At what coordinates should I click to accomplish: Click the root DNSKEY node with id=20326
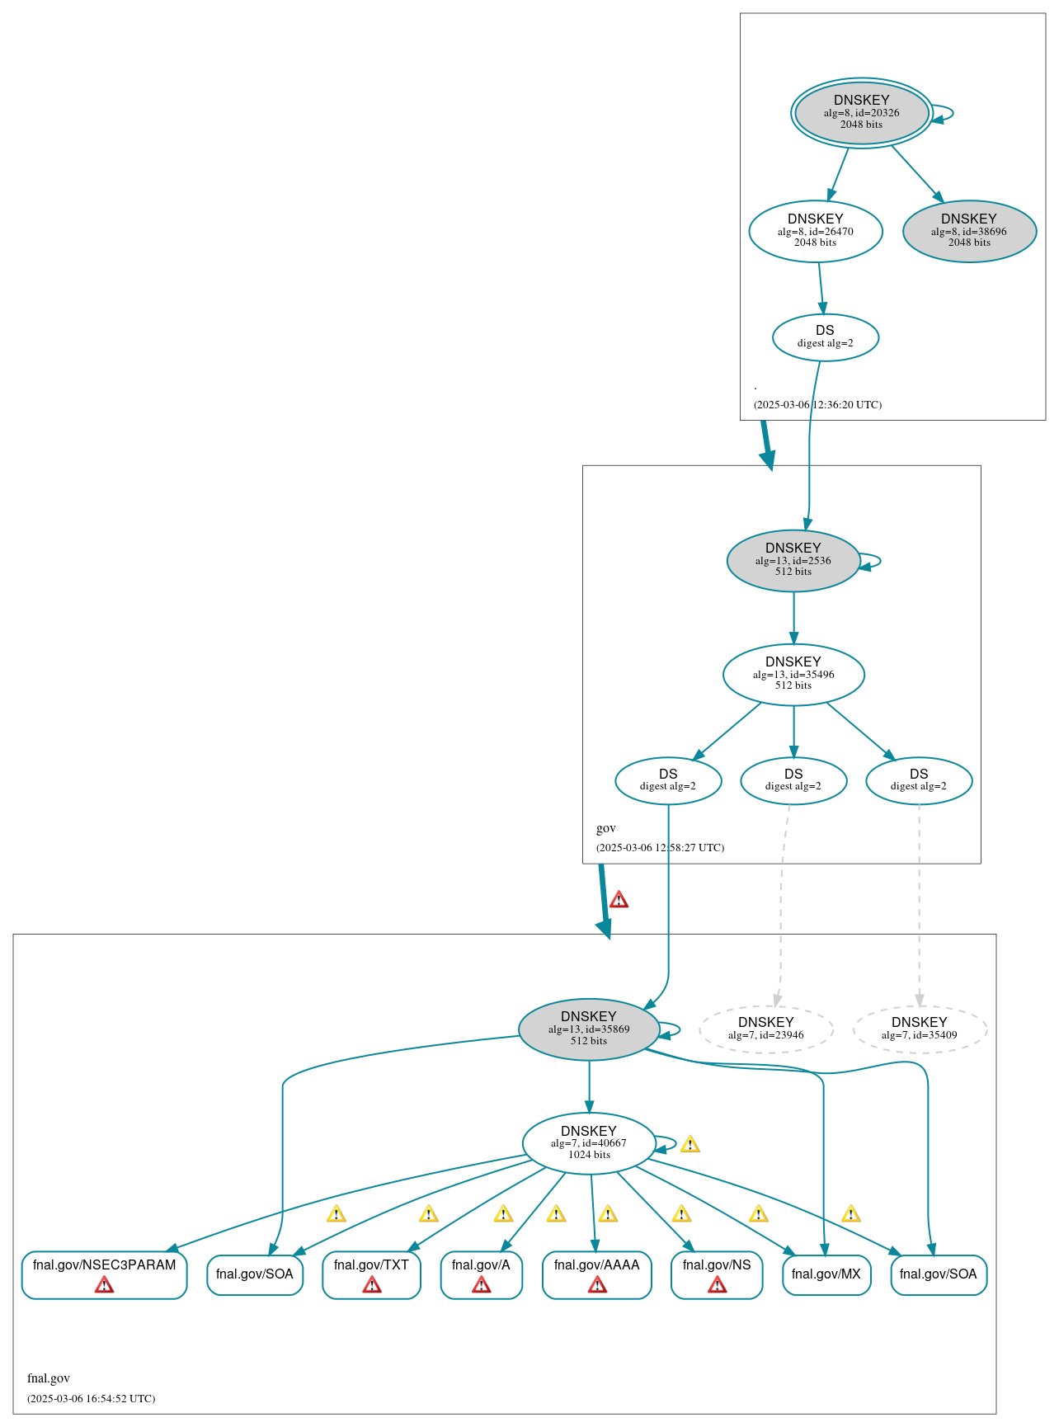pos(861,112)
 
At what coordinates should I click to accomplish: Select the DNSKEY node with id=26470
pos(815,231)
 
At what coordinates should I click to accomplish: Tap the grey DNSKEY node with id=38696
pos(969,231)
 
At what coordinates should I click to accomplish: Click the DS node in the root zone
pos(825,337)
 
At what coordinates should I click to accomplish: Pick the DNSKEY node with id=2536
pos(793,560)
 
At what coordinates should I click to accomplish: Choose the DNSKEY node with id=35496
pos(793,674)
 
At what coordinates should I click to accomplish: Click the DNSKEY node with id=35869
pos(588,1029)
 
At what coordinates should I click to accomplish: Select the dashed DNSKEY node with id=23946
pos(765,1029)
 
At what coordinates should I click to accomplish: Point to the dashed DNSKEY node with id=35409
pos(919,1029)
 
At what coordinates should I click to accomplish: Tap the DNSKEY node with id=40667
pos(588,1142)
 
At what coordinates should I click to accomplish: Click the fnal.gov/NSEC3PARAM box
pos(104,1274)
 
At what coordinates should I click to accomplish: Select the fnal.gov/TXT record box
pos(371,1274)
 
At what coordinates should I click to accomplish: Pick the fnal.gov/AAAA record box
pos(596,1274)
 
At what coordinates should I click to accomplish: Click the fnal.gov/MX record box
pos(826,1274)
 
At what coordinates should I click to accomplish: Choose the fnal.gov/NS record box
pos(716,1274)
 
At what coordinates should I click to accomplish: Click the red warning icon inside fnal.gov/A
pos(481,1285)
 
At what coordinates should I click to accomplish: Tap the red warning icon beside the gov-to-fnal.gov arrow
pos(619,899)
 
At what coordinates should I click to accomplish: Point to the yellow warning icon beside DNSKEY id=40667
pos(690,1144)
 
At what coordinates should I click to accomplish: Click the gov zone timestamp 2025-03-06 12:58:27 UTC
pos(660,847)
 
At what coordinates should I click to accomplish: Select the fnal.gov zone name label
pos(49,1378)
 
